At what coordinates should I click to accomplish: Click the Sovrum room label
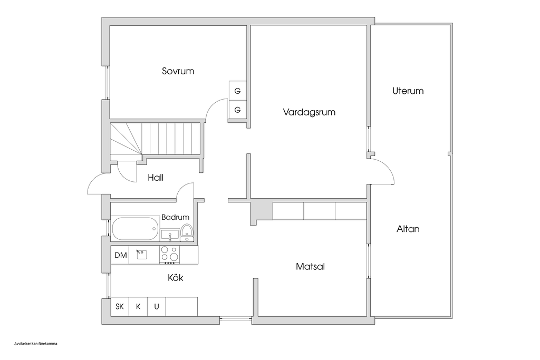178,71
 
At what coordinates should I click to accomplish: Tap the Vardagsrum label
309,112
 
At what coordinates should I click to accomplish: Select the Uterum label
408,91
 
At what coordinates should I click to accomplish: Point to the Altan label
408,229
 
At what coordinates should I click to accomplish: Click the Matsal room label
310,266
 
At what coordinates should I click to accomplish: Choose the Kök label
176,277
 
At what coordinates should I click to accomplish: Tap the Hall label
156,178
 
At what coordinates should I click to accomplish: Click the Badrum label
175,217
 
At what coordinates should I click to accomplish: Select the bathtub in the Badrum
135,229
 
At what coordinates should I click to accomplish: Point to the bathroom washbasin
170,235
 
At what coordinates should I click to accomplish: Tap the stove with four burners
169,255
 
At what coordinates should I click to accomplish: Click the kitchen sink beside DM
141,255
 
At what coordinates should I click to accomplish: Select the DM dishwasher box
120,255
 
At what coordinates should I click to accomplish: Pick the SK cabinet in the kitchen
120,306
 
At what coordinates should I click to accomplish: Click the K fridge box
138,306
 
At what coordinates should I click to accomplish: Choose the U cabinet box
157,306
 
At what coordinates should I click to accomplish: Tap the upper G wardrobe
238,91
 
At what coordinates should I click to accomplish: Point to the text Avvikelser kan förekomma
36,344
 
